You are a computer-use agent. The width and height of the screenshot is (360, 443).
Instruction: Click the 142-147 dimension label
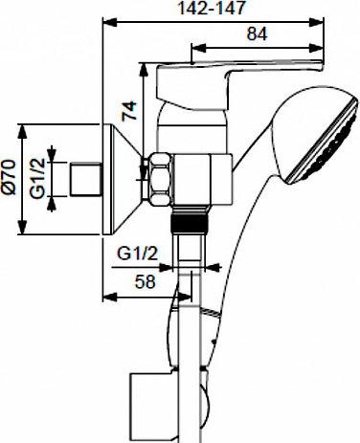pos(212,8)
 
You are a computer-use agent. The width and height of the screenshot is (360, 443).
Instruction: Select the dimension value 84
pos(257,33)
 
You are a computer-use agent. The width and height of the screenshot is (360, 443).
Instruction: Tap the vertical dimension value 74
pos(129,111)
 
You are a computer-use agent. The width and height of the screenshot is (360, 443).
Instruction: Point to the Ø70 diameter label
pos(9,177)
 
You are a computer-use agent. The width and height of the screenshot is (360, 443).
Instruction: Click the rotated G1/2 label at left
pos(37,178)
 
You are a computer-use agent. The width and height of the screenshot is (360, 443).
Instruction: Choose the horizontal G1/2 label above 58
pos(138,254)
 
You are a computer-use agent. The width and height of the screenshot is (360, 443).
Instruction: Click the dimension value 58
pos(146,281)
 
